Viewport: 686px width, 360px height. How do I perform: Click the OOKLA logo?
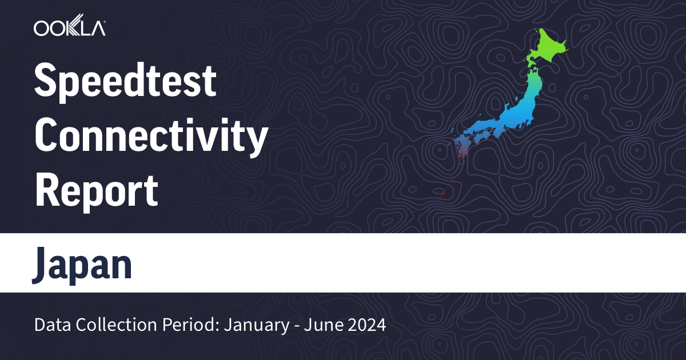[x=69, y=27]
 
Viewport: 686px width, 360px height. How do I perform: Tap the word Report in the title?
[x=96, y=190]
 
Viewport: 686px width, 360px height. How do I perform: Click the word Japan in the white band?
[x=82, y=264]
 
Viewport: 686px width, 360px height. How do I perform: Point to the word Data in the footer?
[x=50, y=326]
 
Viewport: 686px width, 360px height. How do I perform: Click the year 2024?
[x=368, y=326]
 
